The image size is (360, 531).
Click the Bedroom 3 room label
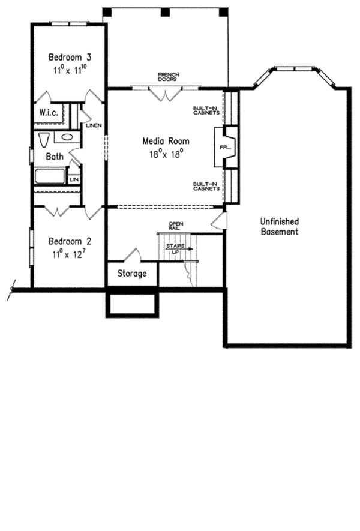[x=70, y=58]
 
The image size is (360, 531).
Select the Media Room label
[x=166, y=141]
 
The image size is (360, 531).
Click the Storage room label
[x=132, y=274]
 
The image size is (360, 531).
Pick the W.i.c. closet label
[x=48, y=113]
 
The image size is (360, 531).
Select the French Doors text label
[x=168, y=76]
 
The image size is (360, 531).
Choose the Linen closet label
[x=94, y=125]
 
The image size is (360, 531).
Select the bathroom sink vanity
[x=67, y=137]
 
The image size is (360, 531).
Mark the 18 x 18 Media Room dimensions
[x=166, y=154]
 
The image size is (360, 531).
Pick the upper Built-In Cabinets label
[x=205, y=110]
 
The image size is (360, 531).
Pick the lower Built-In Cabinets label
[x=205, y=186]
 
